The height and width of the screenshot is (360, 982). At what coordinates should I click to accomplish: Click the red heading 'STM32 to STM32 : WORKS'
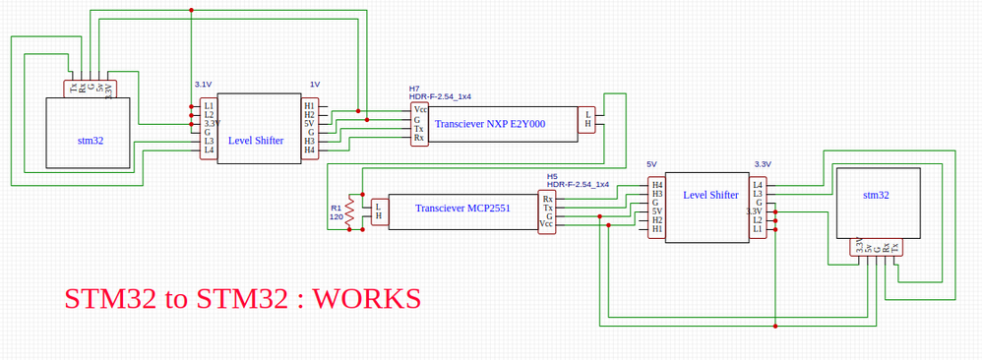coord(242,298)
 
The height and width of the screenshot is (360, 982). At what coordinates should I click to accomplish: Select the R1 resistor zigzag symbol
coord(348,212)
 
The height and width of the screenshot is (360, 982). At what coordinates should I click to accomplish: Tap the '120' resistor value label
coord(336,217)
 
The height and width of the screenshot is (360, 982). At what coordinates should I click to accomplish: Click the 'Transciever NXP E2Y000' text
coord(489,124)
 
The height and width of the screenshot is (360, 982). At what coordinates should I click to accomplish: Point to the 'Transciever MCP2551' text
coord(462,209)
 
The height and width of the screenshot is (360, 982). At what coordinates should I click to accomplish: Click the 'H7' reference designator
coord(414,89)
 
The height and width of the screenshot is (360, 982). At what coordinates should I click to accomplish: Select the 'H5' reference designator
coord(552,175)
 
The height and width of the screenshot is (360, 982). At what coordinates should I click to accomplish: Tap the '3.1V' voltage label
coord(203,85)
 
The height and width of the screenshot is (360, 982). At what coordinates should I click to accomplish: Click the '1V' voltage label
coord(314,85)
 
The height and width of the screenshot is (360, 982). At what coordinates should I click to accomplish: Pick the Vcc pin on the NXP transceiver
coord(420,109)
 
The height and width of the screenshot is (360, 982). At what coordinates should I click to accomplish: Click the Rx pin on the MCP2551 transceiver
coord(547,200)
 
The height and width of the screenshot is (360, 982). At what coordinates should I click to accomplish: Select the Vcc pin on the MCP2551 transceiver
coord(547,224)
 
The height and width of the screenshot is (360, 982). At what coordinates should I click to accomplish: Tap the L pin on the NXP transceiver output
coord(587,114)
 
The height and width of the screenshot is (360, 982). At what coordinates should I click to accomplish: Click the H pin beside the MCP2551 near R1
coord(378,216)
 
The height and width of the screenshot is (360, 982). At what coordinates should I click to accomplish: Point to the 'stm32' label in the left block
coord(91,141)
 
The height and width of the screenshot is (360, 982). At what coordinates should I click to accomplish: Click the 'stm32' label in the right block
coord(876,195)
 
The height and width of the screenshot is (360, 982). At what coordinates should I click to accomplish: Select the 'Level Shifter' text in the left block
coord(256,141)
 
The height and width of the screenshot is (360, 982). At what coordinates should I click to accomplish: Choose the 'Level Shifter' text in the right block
coord(710,195)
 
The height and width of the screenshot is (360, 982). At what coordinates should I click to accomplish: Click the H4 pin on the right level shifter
coord(657,185)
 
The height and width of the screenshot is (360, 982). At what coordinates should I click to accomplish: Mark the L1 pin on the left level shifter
coord(209,105)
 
